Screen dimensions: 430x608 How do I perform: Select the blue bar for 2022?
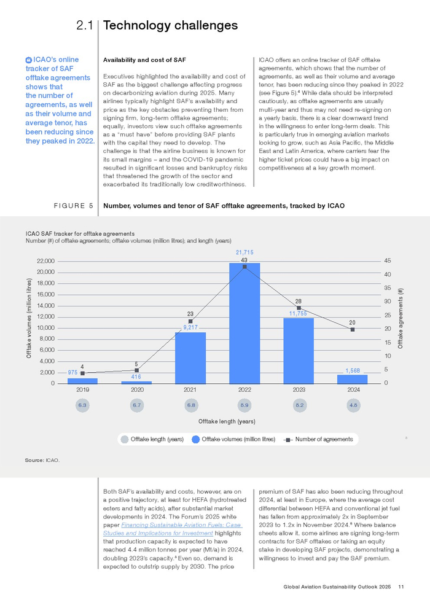click(x=244, y=324)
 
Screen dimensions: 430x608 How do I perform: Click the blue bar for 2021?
click(x=190, y=358)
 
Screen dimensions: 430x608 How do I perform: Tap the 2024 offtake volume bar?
click(x=353, y=379)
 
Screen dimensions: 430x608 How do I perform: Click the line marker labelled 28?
click(x=299, y=308)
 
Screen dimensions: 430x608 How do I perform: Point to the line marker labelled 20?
click(x=353, y=330)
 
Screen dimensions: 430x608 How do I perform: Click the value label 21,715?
click(x=244, y=252)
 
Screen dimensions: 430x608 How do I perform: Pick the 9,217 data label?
click(x=190, y=327)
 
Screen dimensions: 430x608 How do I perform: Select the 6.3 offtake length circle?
click(x=82, y=405)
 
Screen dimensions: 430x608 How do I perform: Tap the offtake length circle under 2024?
click(x=353, y=405)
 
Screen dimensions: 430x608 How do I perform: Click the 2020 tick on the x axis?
click(x=137, y=390)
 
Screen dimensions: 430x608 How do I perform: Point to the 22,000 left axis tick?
click(x=45, y=261)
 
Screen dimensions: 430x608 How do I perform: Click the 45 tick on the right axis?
click(x=388, y=261)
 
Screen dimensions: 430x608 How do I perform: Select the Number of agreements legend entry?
click(x=318, y=439)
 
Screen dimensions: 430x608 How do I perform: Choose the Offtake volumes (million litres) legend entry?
click(x=234, y=439)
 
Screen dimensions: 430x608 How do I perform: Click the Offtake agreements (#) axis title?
click(x=401, y=318)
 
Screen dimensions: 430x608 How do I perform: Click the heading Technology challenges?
click(x=171, y=25)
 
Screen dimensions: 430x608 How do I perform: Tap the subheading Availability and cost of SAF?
click(x=144, y=60)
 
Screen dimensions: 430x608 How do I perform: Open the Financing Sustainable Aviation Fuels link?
click(x=173, y=529)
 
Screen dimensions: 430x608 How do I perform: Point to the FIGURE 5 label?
click(x=73, y=206)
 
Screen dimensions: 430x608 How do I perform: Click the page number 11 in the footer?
click(x=401, y=587)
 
